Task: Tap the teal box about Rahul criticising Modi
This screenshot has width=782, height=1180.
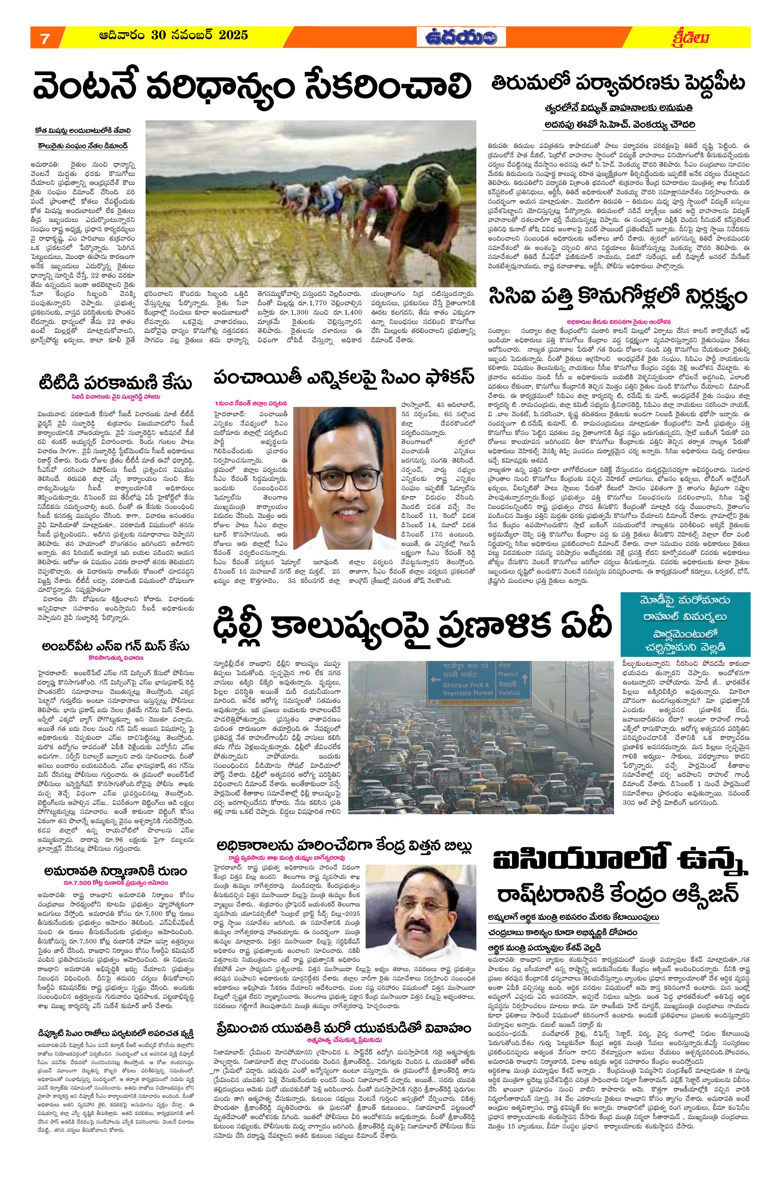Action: click(x=685, y=624)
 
